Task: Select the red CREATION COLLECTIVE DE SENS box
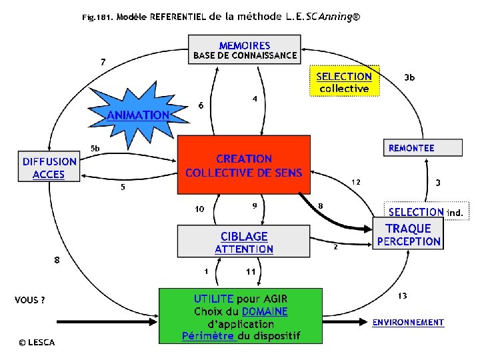[244, 166]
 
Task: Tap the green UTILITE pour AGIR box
[241, 316]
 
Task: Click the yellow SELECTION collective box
[344, 81]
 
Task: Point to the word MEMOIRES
[245, 45]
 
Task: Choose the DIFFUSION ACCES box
[49, 168]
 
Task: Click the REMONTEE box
[421, 148]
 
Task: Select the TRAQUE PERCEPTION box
[409, 235]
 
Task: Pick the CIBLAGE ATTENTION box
[244, 242]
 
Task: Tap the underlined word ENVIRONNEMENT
[408, 323]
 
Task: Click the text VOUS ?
[30, 300]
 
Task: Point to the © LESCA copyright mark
[37, 343]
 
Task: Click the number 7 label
[103, 62]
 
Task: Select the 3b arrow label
[410, 78]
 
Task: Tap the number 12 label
[356, 181]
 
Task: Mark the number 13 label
[403, 295]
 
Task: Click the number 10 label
[199, 209]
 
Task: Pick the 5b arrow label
[95, 147]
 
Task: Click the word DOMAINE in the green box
[265, 311]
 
